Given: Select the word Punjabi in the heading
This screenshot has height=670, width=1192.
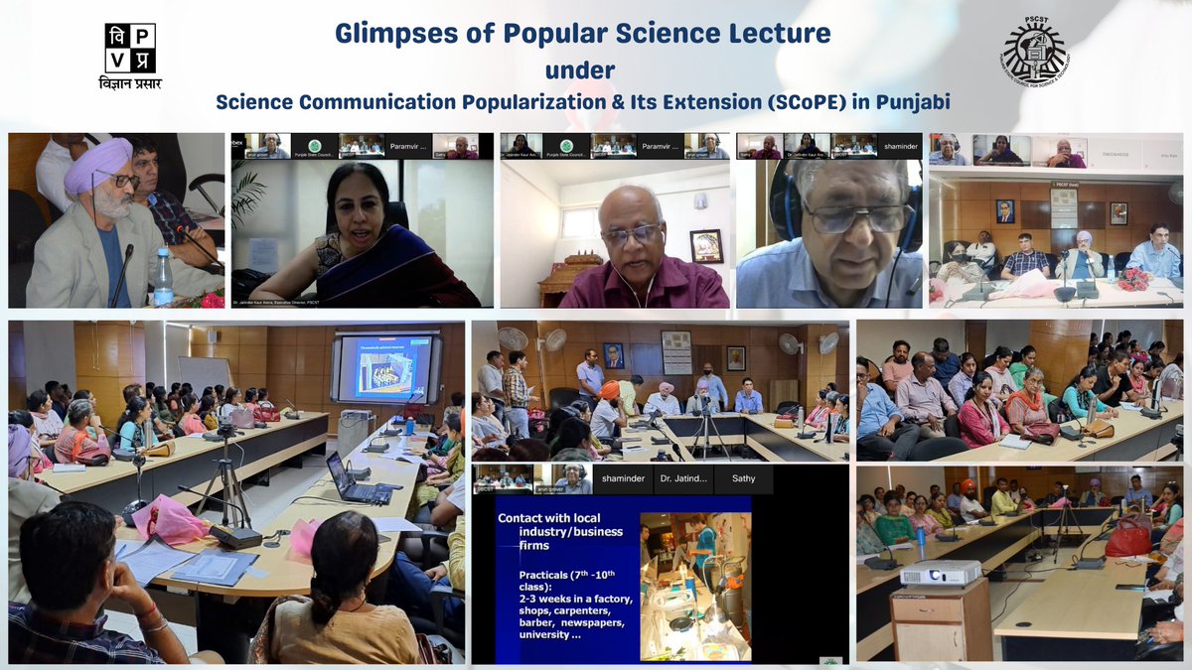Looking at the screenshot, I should pyautogui.click(x=913, y=101).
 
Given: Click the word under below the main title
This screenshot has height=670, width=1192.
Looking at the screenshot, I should pyautogui.click(x=580, y=70).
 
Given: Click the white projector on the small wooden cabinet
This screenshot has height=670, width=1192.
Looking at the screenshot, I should pyautogui.click(x=939, y=573).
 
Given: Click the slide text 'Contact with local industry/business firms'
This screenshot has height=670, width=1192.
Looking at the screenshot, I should pyautogui.click(x=559, y=532).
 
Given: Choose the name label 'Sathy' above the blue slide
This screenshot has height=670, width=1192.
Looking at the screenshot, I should pyautogui.click(x=744, y=477).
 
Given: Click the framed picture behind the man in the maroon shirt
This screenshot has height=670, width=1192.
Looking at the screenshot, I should pyautogui.click(x=706, y=244).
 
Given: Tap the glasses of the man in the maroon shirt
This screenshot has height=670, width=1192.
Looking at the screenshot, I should pyautogui.click(x=631, y=235).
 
